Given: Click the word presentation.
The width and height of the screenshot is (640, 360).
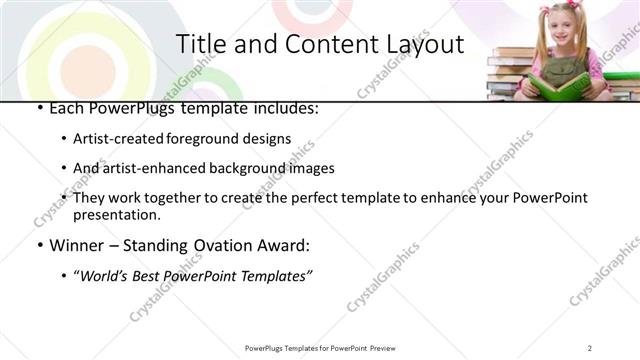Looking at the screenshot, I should (116, 214).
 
